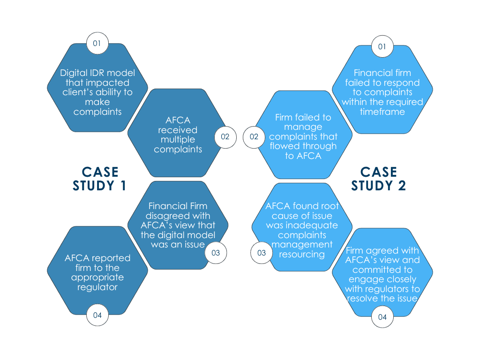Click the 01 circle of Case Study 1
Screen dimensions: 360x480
tap(97, 44)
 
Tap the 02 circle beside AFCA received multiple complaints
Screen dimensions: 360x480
tap(225, 137)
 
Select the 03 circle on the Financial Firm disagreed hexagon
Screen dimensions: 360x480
tap(216, 253)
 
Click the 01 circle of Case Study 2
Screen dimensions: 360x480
tap(382, 47)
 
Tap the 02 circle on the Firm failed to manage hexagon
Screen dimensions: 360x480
tap(254, 137)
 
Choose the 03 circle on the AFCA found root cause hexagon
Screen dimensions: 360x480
tap(262, 253)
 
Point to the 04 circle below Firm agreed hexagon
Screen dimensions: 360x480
tap(382, 317)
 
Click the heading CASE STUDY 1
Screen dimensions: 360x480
tap(99, 179)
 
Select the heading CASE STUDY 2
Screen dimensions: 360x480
tap(379, 179)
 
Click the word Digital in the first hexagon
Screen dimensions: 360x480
tap(73, 73)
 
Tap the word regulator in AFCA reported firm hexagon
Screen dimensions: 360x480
tap(97, 287)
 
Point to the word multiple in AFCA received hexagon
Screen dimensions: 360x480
tap(178, 140)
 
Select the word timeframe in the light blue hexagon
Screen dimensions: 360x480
tap(382, 112)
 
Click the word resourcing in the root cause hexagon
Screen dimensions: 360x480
tap(302, 255)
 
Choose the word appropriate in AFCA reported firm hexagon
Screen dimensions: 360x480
tap(97, 277)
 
